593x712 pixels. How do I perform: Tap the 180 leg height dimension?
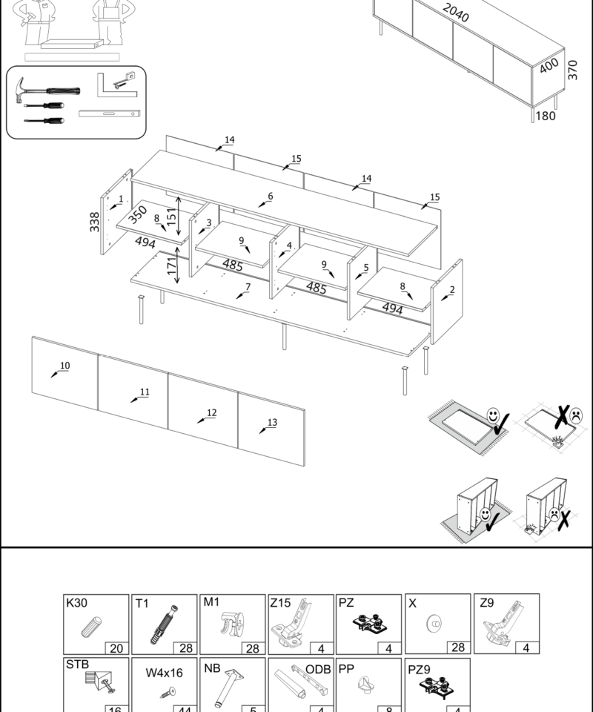[545, 116]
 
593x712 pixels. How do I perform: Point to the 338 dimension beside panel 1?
[94, 220]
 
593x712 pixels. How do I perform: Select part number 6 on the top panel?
[270, 197]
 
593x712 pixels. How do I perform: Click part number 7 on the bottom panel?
[248, 287]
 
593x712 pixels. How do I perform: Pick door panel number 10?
[64, 366]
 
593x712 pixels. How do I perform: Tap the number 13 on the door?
[272, 423]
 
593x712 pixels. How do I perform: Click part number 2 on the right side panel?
[451, 290]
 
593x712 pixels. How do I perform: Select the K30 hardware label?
[76, 603]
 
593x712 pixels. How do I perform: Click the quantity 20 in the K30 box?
[116, 647]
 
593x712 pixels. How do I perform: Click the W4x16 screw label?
[164, 673]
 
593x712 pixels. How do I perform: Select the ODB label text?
[318, 669]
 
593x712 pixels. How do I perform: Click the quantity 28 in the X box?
[457, 647]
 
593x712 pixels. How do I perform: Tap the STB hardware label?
[77, 664]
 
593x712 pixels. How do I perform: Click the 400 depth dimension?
[549, 66]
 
